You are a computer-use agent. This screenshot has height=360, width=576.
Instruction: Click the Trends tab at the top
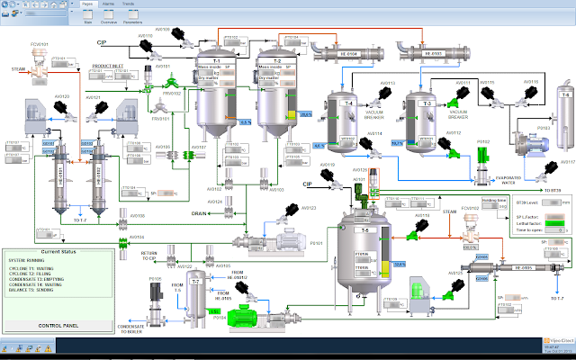[x=128, y=4]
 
